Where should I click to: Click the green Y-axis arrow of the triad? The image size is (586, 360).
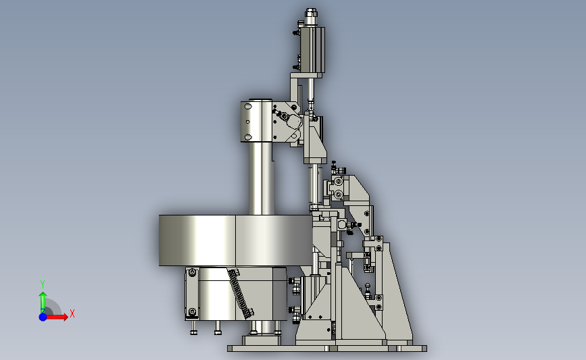[x=43, y=302]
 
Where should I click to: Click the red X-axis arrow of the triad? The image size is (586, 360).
[x=57, y=317]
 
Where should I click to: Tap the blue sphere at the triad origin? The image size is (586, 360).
[x=43, y=317]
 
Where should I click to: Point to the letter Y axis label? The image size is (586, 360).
[x=43, y=284]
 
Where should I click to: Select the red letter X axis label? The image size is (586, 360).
[x=72, y=313]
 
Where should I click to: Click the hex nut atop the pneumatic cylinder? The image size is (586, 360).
[x=311, y=13]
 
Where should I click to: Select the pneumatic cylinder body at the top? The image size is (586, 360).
[x=312, y=49]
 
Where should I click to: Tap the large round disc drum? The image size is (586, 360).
[x=235, y=240]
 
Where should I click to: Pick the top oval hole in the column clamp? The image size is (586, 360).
[x=248, y=107]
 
